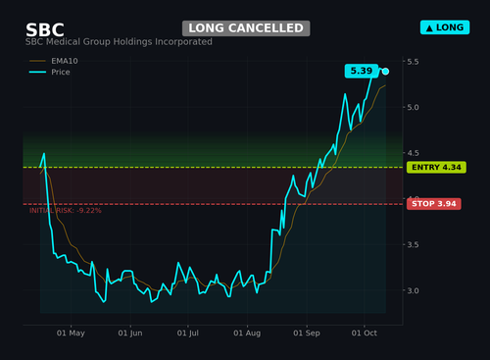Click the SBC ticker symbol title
[45, 30]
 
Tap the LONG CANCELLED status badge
[246, 28]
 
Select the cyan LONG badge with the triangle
[445, 27]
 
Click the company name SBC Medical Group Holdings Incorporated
[119, 42]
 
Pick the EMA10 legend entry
[54, 61]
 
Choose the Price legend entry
[50, 72]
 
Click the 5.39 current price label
[362, 71]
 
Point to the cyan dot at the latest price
[385, 72]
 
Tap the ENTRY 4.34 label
[436, 168]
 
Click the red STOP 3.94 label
[434, 204]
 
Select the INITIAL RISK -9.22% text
[66, 211]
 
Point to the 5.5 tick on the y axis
[413, 62]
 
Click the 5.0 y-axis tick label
[413, 107]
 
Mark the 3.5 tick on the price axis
[413, 244]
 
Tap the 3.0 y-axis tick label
[413, 290]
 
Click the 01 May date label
[71, 334]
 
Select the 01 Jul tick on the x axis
[188, 334]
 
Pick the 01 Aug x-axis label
[247, 334]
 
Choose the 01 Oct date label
[365, 334]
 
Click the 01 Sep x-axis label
[307, 334]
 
